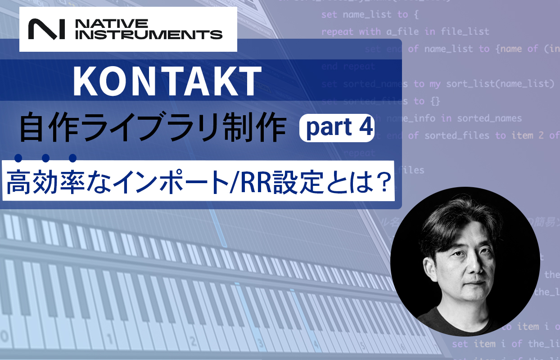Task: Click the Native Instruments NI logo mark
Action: tap(45, 29)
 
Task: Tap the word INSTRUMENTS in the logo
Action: tap(148, 34)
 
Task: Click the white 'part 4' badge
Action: tap(337, 128)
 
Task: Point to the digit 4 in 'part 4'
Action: tap(366, 128)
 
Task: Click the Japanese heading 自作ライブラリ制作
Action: tap(153, 129)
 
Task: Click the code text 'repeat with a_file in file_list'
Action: tap(405, 32)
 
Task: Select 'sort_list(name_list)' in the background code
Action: tap(499, 84)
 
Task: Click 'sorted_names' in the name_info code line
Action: tap(489, 118)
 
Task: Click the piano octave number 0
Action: tap(5, 336)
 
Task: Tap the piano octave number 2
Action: tap(194, 340)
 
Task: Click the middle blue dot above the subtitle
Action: tap(45, 157)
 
